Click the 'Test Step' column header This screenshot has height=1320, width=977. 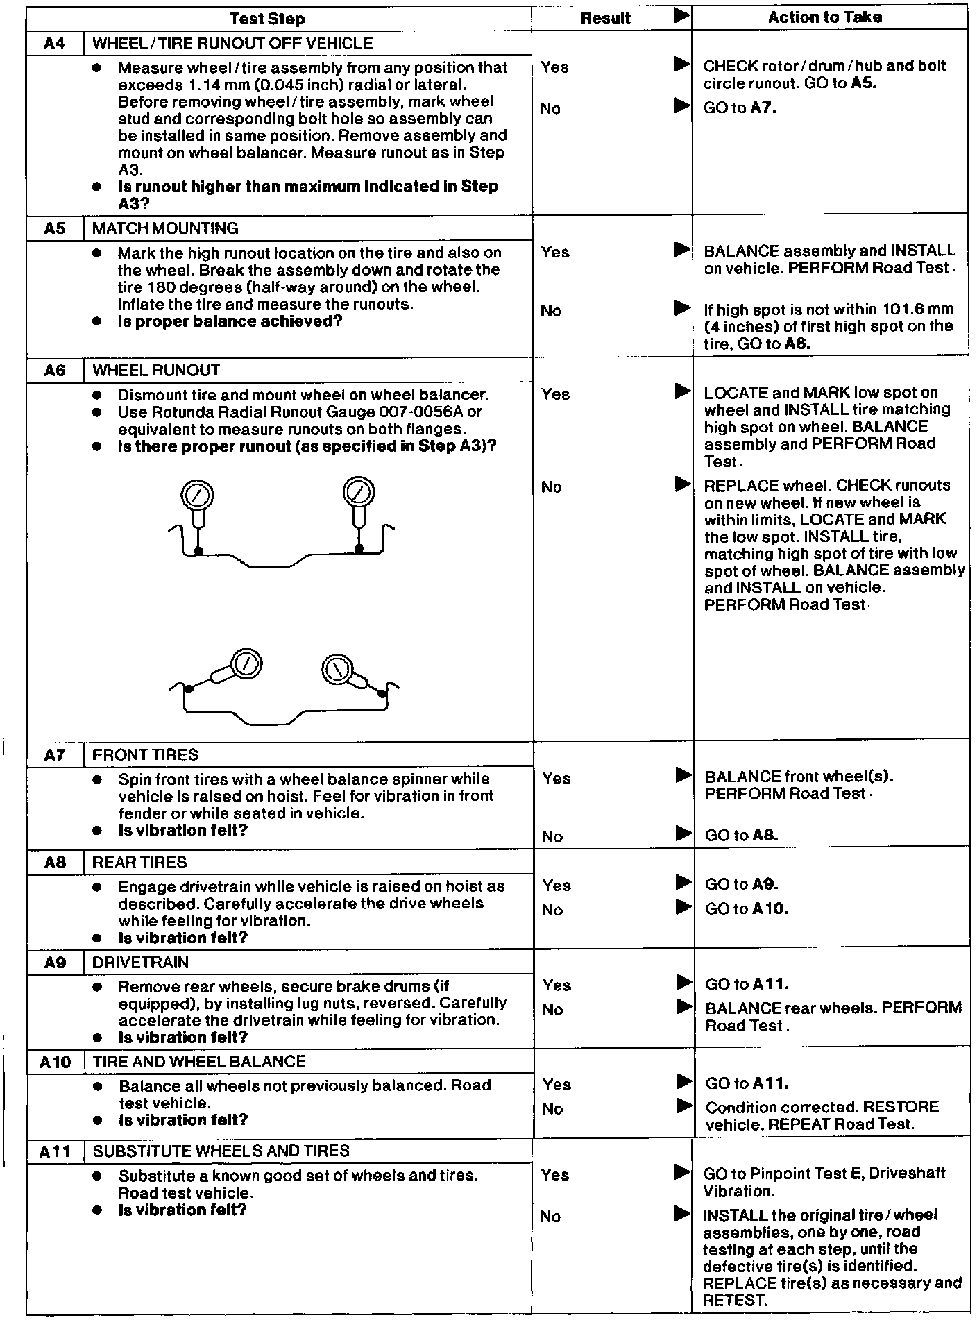point(267,19)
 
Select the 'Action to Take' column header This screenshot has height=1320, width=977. point(824,17)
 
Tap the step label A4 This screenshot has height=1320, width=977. point(54,44)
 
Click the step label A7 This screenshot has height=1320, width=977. point(54,755)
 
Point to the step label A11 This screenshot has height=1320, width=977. point(54,1151)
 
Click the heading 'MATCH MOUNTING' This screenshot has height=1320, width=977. point(165,228)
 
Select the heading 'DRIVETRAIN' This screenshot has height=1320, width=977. point(140,963)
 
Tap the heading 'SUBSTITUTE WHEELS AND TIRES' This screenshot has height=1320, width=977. point(221,1151)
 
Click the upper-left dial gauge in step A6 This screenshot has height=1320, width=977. point(197,497)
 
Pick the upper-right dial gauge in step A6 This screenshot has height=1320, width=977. point(359,493)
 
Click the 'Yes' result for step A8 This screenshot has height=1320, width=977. point(556,886)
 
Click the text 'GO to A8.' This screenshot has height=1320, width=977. point(741,836)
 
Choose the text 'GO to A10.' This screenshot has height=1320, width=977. point(747,908)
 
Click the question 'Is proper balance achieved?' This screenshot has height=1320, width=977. point(230,321)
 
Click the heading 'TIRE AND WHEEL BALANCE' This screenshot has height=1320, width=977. point(199,1061)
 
